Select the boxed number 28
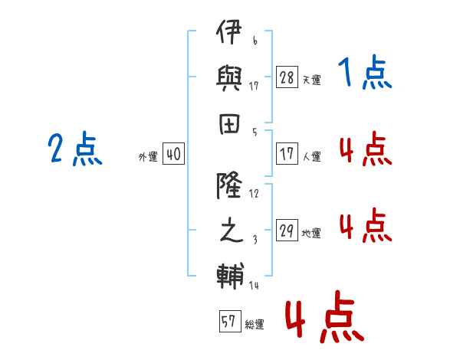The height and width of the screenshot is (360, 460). (287, 77)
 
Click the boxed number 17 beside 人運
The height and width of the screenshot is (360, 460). (287, 154)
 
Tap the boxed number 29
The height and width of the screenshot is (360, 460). (287, 231)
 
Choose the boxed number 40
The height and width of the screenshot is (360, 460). (173, 154)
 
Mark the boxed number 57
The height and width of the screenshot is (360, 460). (228, 321)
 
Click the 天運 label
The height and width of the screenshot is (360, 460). (311, 80)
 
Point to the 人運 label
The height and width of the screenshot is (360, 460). (311, 156)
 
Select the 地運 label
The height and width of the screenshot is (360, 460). (311, 233)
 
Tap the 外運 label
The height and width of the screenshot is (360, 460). (148, 156)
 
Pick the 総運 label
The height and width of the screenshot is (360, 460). (255, 324)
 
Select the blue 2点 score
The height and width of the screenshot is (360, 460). (75, 149)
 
